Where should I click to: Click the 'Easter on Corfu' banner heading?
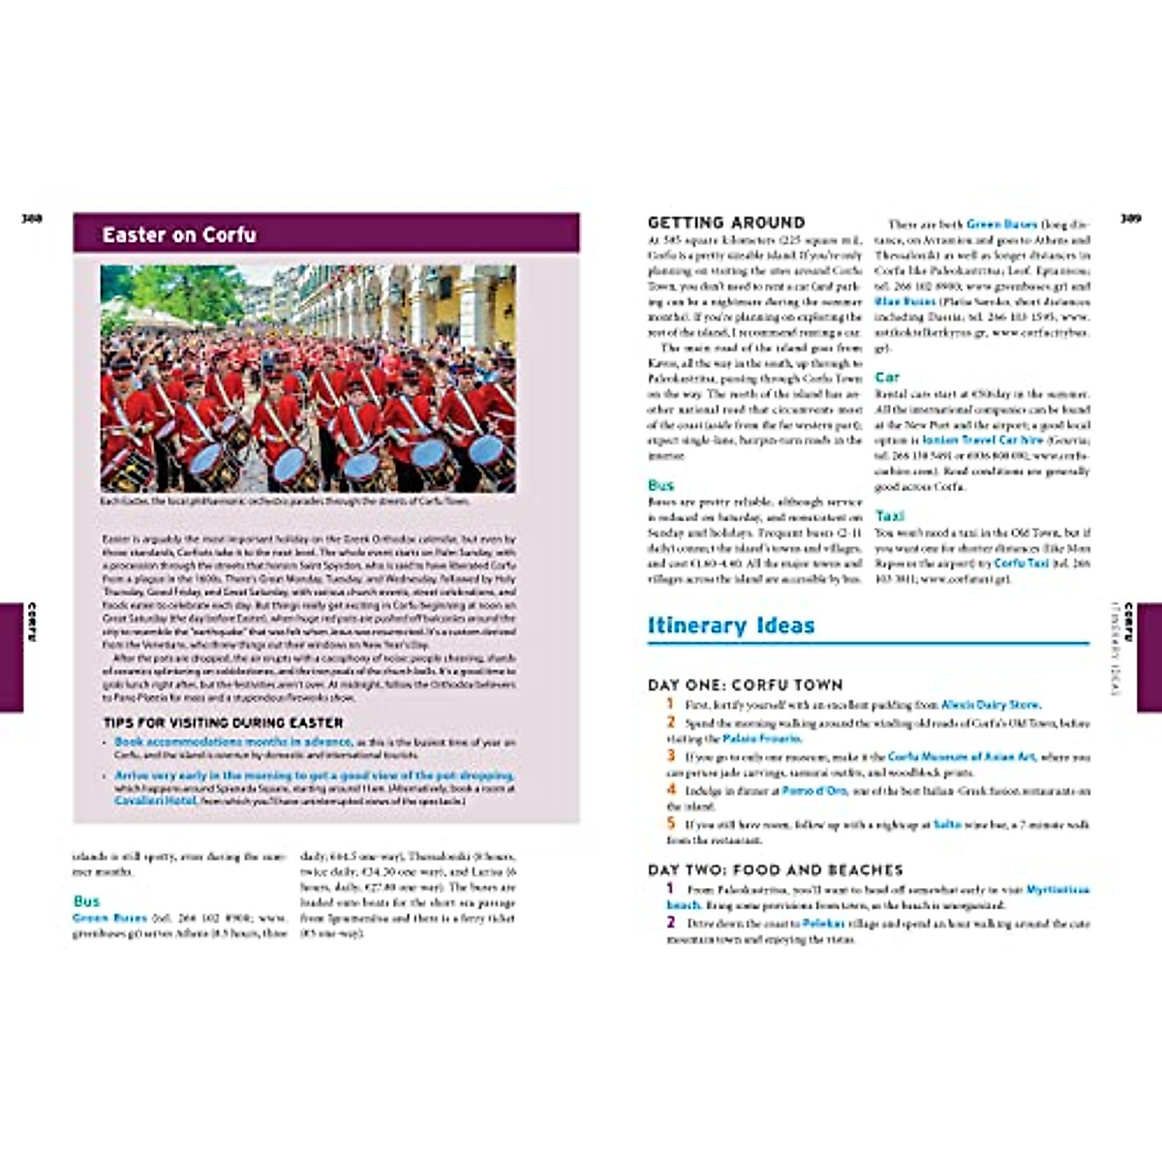click(x=179, y=234)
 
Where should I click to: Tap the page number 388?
click(x=32, y=219)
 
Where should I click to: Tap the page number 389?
click(x=1130, y=219)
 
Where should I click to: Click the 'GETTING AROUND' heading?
click(x=726, y=223)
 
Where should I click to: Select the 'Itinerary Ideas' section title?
click(x=731, y=626)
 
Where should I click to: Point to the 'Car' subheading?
click(x=887, y=377)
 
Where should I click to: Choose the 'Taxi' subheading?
click(x=890, y=516)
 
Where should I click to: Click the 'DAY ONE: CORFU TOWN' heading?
click(x=746, y=685)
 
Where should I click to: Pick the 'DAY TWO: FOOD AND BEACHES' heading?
click(x=775, y=870)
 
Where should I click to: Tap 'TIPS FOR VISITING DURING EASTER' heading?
click(x=223, y=722)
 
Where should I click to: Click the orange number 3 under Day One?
click(x=670, y=755)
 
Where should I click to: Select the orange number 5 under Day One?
click(x=670, y=823)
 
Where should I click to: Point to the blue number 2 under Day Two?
click(x=670, y=922)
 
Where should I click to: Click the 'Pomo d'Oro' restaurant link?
click(x=814, y=791)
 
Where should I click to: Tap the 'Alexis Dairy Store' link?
click(x=990, y=705)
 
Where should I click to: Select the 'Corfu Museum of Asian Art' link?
click(x=962, y=756)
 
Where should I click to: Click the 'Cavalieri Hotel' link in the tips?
click(x=155, y=801)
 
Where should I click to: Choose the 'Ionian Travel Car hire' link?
click(x=983, y=440)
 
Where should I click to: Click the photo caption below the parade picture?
click(x=285, y=502)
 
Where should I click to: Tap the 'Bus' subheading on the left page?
click(x=86, y=901)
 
